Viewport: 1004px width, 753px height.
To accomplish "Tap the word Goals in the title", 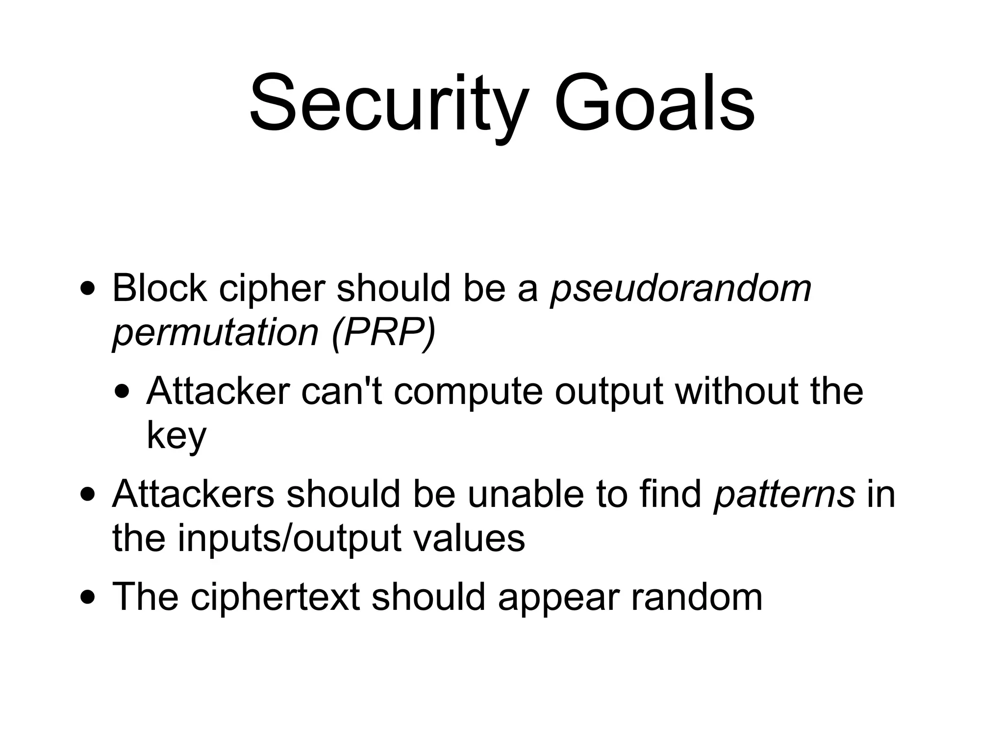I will (654, 104).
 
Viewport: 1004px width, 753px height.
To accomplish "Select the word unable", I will (526, 494).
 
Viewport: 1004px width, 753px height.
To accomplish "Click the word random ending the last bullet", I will (697, 597).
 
